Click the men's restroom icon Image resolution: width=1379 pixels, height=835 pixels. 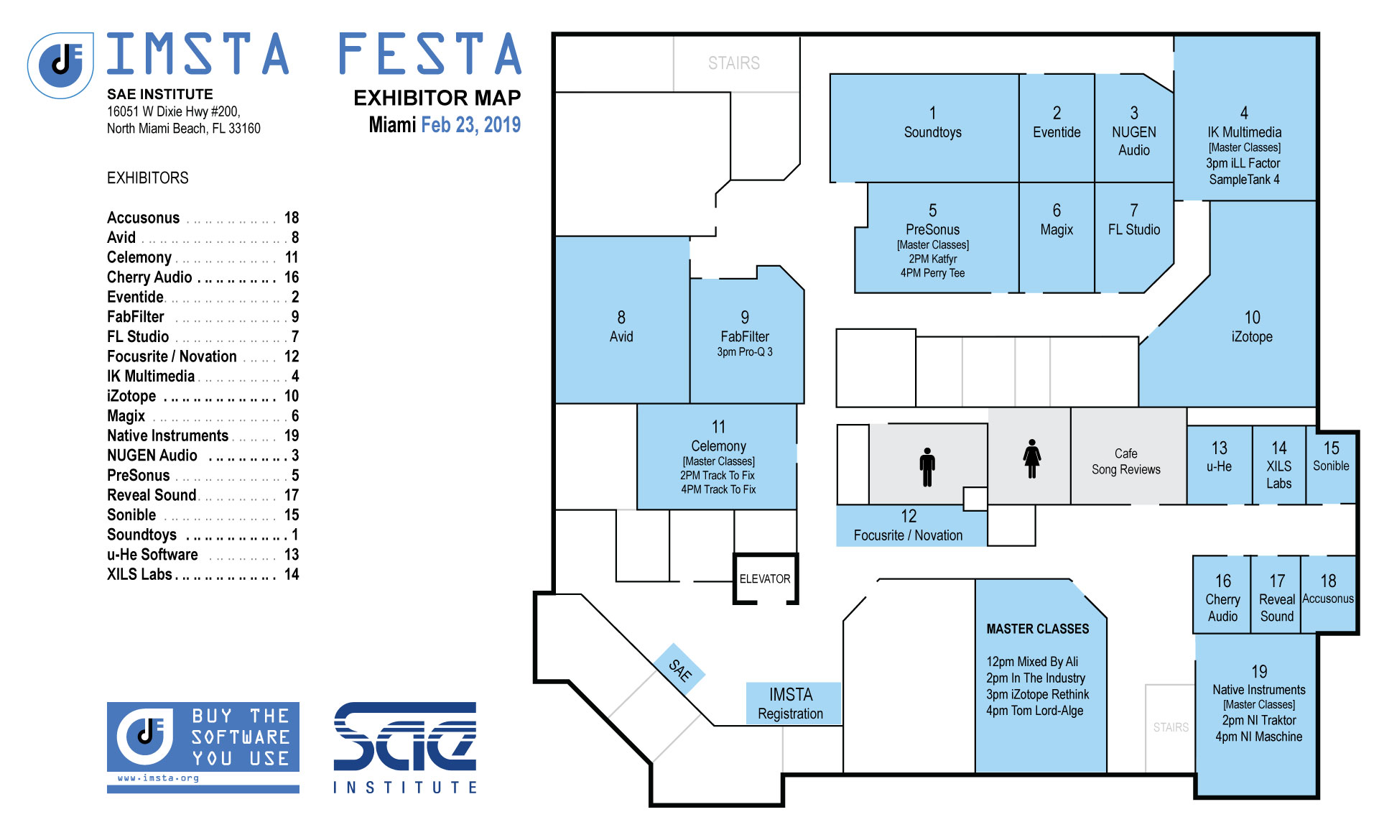point(927,467)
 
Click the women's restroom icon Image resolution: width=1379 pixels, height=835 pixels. point(1032,458)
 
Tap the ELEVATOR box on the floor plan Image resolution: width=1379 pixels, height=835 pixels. point(766,578)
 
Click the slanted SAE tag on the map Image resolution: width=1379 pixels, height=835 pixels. point(679,670)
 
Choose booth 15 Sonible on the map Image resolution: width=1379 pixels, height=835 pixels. point(1331,465)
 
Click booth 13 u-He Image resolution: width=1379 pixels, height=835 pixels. point(1220,465)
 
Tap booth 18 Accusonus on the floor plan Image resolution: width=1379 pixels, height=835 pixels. point(1328,594)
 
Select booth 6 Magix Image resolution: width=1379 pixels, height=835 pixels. point(1057,237)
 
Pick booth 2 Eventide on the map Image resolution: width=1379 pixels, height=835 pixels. point(1057,128)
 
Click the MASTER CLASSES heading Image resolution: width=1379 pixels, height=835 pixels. point(1037,629)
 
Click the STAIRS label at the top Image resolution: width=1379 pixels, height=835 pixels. point(733,63)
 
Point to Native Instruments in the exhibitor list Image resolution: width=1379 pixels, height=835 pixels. point(167,435)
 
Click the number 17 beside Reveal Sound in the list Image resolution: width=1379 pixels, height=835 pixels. point(292,495)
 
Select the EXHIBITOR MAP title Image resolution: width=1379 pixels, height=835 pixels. point(437,98)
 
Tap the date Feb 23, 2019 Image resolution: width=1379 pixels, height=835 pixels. point(470,124)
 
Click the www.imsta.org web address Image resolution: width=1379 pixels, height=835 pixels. point(158,778)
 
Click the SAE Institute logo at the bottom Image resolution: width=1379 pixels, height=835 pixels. point(404,747)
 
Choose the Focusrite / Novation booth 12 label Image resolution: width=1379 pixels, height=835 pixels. point(909,526)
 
